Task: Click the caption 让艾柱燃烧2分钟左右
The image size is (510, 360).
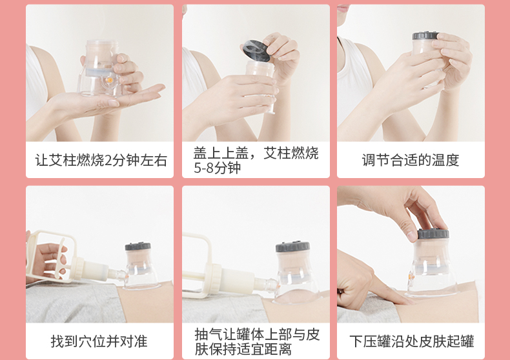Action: (x=101, y=160)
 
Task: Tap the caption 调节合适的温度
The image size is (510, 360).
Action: (x=411, y=160)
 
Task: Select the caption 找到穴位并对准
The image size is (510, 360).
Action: (x=99, y=341)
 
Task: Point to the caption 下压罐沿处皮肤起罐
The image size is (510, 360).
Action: (x=411, y=341)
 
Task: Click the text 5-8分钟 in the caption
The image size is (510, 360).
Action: (x=218, y=168)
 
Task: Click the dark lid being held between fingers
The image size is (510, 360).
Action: (x=257, y=51)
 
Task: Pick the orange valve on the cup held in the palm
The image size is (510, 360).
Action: (x=110, y=80)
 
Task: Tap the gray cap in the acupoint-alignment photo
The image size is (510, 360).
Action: (x=138, y=246)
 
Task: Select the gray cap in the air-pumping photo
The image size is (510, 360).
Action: (x=292, y=246)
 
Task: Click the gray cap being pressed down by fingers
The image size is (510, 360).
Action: (x=433, y=233)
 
